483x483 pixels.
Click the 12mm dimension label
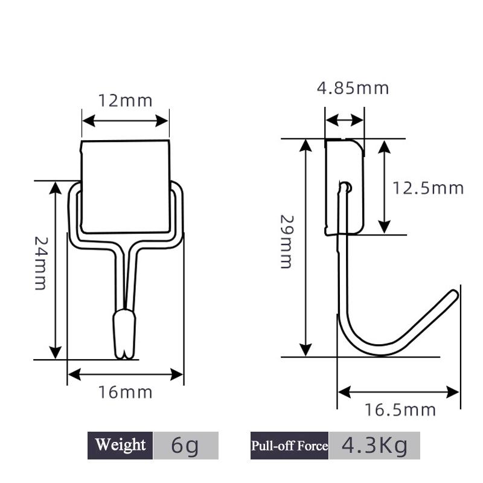point(126,100)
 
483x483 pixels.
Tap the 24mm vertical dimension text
point(40,263)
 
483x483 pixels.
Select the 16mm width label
point(126,392)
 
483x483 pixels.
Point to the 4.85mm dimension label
point(353,88)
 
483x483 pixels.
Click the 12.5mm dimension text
point(428,188)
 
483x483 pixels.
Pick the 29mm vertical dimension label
point(286,241)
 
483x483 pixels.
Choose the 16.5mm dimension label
point(400,411)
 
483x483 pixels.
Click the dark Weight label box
point(120,446)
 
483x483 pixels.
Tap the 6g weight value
point(185,446)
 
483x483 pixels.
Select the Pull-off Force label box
point(289,446)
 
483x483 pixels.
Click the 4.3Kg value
point(374,446)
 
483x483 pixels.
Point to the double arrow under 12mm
point(125,120)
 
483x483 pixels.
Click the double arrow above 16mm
point(126,375)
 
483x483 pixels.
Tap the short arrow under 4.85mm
point(344,120)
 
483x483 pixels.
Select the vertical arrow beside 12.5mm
point(384,186)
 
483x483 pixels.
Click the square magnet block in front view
point(126,187)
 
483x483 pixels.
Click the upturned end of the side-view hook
point(452,295)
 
